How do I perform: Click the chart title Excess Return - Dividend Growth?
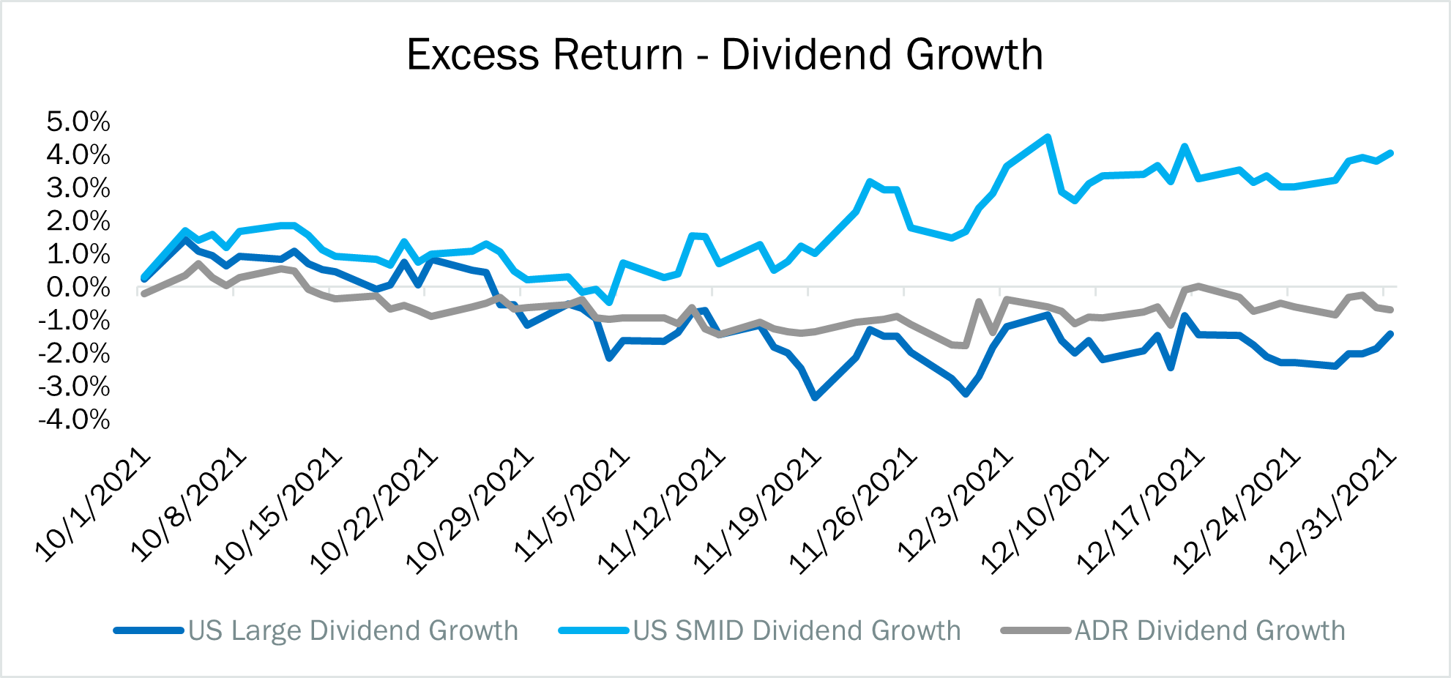(x=725, y=55)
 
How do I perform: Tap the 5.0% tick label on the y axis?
(x=78, y=122)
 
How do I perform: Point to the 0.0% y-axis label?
(x=78, y=287)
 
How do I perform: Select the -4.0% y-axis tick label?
(x=74, y=420)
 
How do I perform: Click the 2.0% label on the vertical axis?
(x=78, y=221)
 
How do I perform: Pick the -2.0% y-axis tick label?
(x=74, y=354)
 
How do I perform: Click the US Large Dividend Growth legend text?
(x=353, y=630)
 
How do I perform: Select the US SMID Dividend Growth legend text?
(x=797, y=630)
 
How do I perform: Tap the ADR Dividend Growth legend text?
(x=1209, y=630)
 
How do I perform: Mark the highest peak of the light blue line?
(x=1048, y=137)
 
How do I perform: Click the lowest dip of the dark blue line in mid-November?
(x=816, y=397)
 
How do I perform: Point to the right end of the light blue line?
(x=1390, y=153)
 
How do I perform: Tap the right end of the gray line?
(x=1390, y=310)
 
